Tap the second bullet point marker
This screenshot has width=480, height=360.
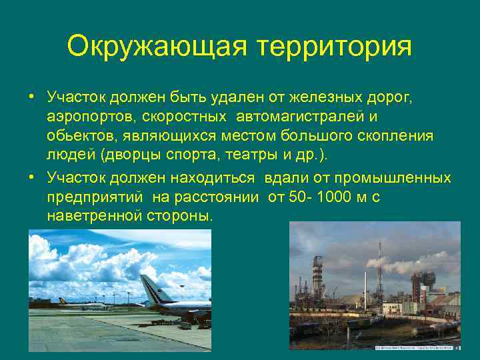(31, 178)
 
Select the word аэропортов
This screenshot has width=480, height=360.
(84, 117)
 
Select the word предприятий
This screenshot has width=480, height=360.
(96, 197)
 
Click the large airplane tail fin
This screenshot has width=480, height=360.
(149, 288)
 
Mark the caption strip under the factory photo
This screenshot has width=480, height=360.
(417, 347)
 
